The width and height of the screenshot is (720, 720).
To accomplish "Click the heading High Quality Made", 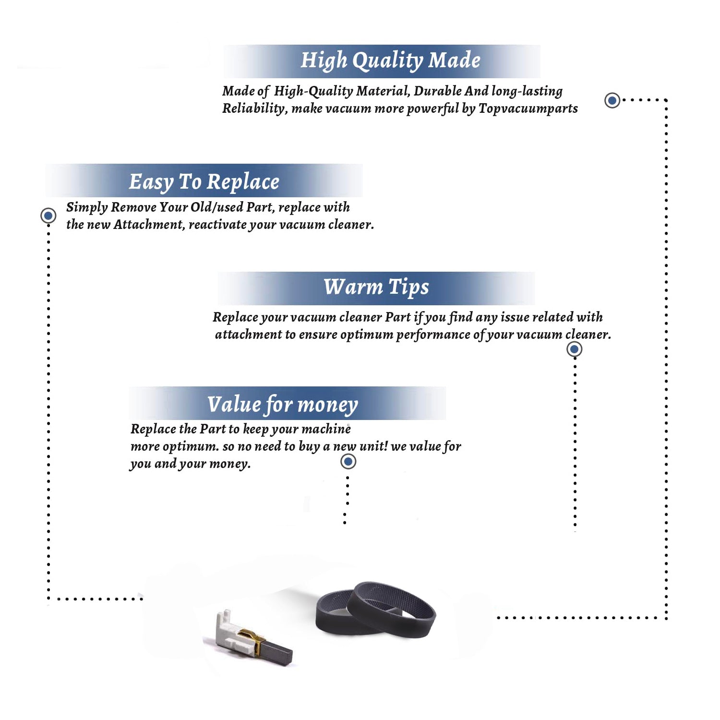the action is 390,61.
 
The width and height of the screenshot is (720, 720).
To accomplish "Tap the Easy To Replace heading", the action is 204,182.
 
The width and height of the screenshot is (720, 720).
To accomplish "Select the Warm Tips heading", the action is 376,288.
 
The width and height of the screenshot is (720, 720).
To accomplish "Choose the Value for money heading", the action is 283,405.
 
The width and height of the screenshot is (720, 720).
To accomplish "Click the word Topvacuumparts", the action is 528,109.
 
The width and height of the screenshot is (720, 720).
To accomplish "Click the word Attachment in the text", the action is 149,225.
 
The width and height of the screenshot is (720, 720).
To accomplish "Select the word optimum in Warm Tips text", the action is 367,335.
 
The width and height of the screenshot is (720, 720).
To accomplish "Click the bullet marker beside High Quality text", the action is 612,100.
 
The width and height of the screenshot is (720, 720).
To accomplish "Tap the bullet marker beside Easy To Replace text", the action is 48,216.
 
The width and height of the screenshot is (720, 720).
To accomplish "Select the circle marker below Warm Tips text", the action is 575,349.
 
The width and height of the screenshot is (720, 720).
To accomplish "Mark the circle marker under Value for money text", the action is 348,462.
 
